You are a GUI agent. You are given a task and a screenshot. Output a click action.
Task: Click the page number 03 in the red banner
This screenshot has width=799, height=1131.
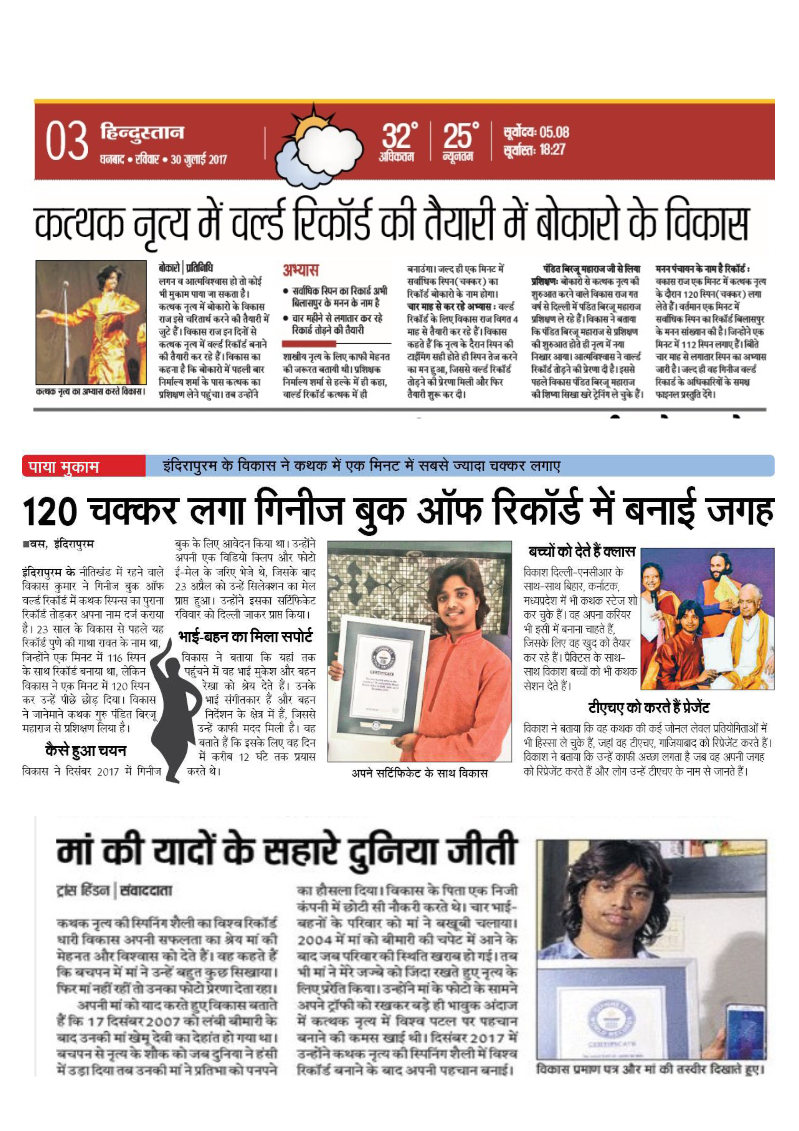click(x=67, y=143)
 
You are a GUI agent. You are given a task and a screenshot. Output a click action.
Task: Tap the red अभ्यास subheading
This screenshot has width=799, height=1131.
click(x=300, y=270)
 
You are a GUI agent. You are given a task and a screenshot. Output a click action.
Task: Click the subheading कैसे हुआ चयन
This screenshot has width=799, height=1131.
click(x=86, y=751)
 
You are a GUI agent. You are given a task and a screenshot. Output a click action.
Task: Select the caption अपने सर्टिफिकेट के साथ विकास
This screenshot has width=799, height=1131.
click(x=419, y=773)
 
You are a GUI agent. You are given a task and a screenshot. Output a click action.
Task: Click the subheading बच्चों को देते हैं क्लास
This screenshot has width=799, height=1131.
click(x=582, y=552)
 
